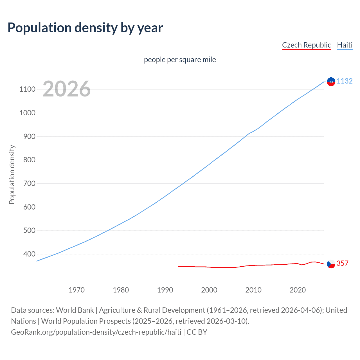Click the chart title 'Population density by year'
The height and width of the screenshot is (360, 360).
[x=85, y=28]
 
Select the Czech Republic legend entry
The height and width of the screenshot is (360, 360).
[x=306, y=45]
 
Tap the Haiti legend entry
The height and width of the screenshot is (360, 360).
[x=345, y=45]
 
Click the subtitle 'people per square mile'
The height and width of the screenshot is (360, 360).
[x=180, y=60]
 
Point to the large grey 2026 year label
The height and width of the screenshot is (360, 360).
[x=67, y=89]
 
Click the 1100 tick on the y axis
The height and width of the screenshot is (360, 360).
[x=27, y=89]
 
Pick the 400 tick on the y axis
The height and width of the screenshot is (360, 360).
[x=29, y=254]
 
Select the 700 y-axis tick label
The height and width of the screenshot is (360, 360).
[x=29, y=183]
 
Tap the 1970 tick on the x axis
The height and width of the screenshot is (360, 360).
[x=76, y=290]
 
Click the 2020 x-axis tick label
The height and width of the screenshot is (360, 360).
[x=298, y=290]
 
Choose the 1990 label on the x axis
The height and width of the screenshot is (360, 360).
[x=165, y=290]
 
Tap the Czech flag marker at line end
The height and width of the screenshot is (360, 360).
[x=331, y=264]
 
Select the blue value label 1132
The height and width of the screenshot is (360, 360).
[x=345, y=81]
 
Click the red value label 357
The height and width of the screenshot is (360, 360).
[x=343, y=263]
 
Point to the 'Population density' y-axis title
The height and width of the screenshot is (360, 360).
[x=12, y=174]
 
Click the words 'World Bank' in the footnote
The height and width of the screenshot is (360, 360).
[x=75, y=310]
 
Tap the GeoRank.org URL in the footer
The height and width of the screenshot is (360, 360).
[x=96, y=332]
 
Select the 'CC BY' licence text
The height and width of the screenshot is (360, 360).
[x=197, y=332]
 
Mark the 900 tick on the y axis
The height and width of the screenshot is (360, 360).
[x=29, y=136]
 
